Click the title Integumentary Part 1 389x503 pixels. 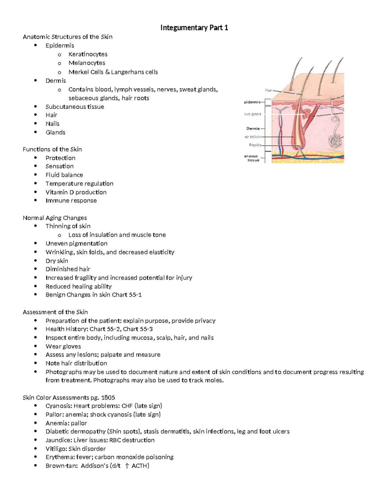[x=194, y=28]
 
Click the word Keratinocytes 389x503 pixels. [x=88, y=54]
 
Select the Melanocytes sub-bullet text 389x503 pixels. [x=87, y=63]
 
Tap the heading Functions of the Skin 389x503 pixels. [x=52, y=149]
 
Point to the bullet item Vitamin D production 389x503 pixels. [x=76, y=192]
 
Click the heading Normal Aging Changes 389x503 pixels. [x=55, y=218]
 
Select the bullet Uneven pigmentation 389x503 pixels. [x=77, y=244]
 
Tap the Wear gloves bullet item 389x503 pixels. [x=63, y=346]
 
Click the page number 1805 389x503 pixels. [x=108, y=397]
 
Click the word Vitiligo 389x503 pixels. [x=56, y=449]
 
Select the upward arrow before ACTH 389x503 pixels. [x=127, y=466]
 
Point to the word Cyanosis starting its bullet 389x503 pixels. [x=59, y=406]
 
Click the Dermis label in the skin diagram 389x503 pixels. [x=253, y=129]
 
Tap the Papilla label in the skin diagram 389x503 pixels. [x=255, y=145]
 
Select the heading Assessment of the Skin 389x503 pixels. [x=55, y=312]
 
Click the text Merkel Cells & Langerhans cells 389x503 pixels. [x=113, y=72]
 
